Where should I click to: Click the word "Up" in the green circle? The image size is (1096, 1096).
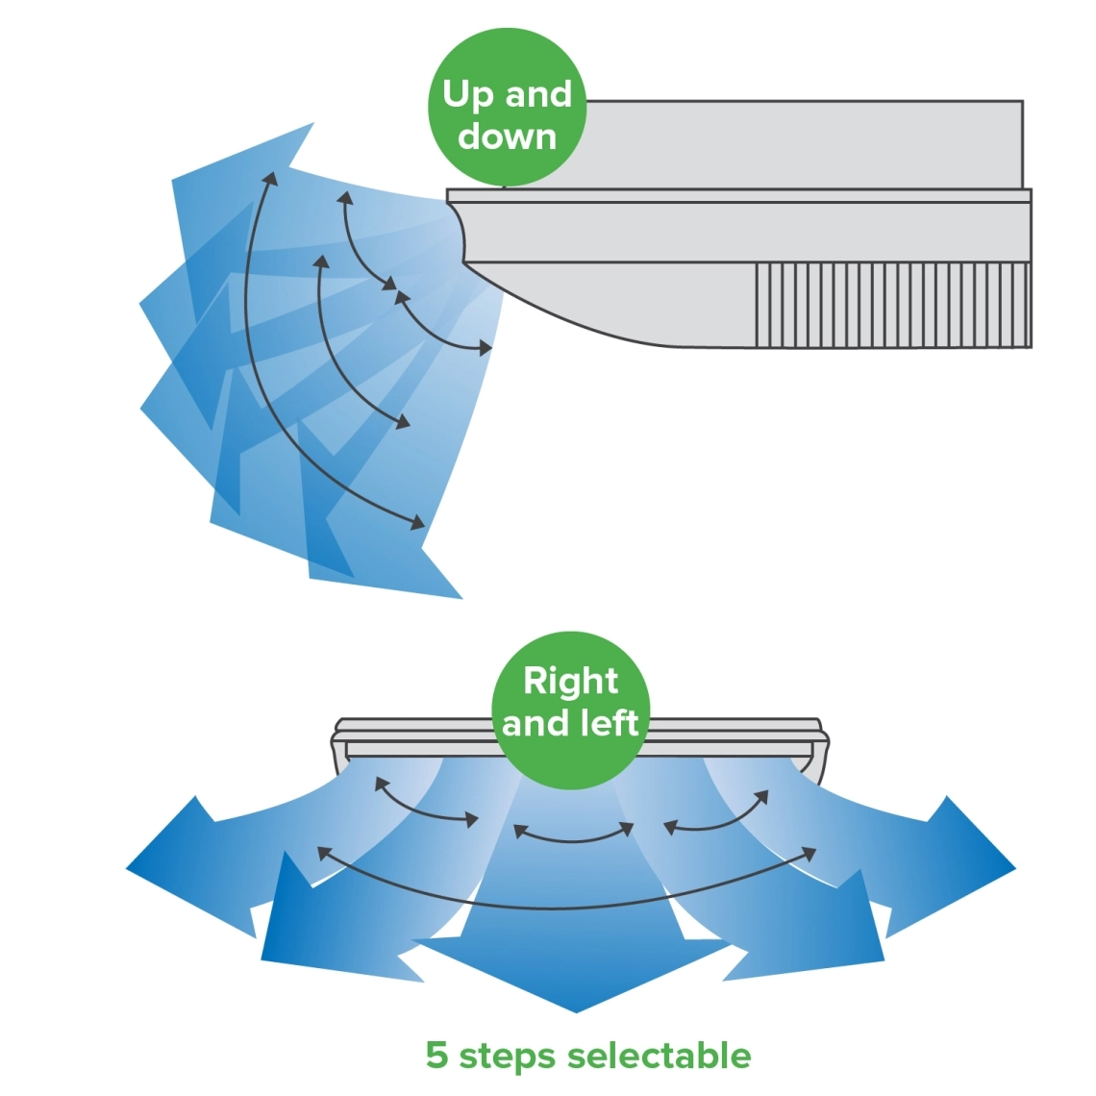(468, 95)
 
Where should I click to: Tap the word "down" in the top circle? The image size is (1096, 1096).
(507, 137)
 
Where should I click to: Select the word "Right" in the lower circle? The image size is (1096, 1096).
(570, 681)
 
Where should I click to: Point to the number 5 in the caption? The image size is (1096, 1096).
(436, 1055)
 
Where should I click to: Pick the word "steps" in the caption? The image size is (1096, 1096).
(508, 1056)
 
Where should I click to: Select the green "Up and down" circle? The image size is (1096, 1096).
(507, 108)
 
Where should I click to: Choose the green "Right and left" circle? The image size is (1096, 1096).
(570, 710)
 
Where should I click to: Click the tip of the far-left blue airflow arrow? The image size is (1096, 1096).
(129, 868)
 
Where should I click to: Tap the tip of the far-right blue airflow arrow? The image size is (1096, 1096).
(1013, 868)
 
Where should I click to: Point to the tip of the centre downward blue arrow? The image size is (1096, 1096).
(576, 1009)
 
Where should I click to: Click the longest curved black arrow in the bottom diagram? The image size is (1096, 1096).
(567, 906)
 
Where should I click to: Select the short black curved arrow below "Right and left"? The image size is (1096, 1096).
(574, 838)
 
